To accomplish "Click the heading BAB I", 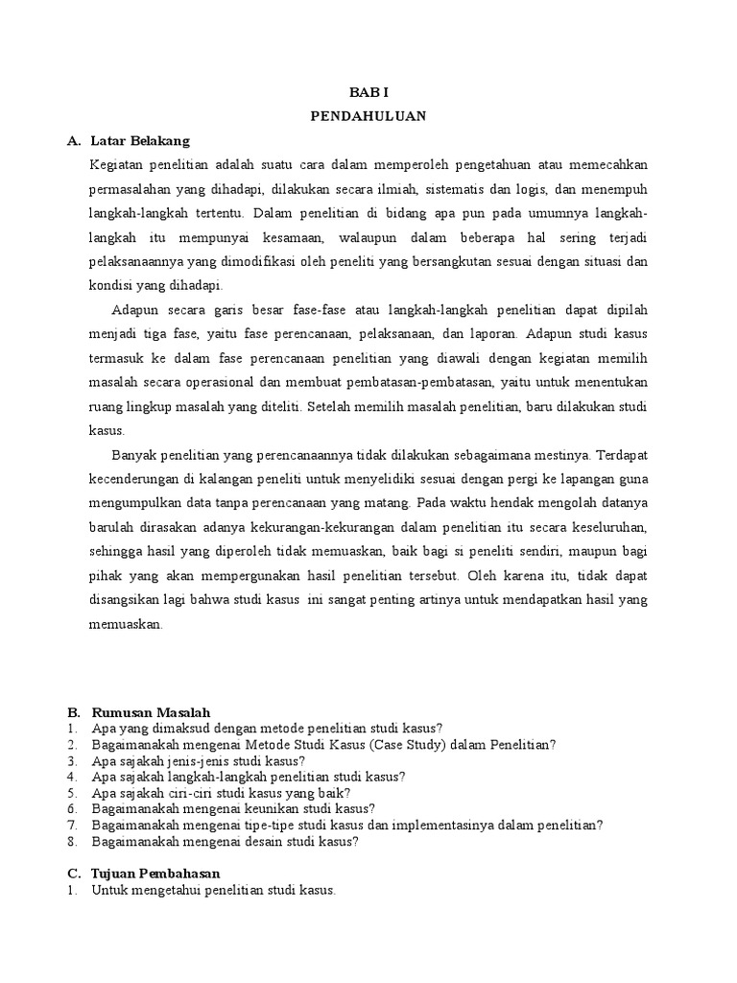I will (x=368, y=93).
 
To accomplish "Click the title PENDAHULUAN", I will (x=368, y=116).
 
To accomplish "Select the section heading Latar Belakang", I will (x=140, y=141).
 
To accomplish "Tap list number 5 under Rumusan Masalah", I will (x=72, y=793).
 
